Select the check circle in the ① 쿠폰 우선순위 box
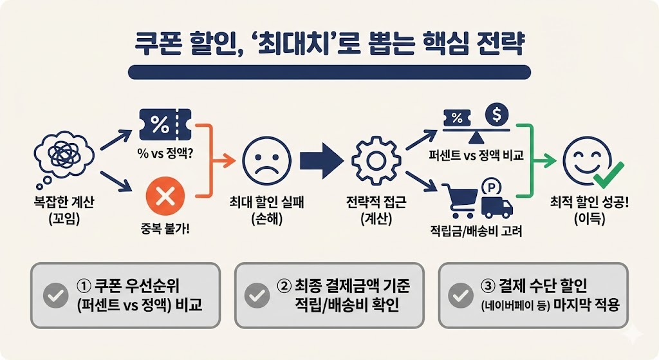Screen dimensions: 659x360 tap(55, 296)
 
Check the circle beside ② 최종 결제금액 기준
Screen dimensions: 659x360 tap(258, 296)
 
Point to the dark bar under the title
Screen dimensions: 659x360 tap(329, 71)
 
